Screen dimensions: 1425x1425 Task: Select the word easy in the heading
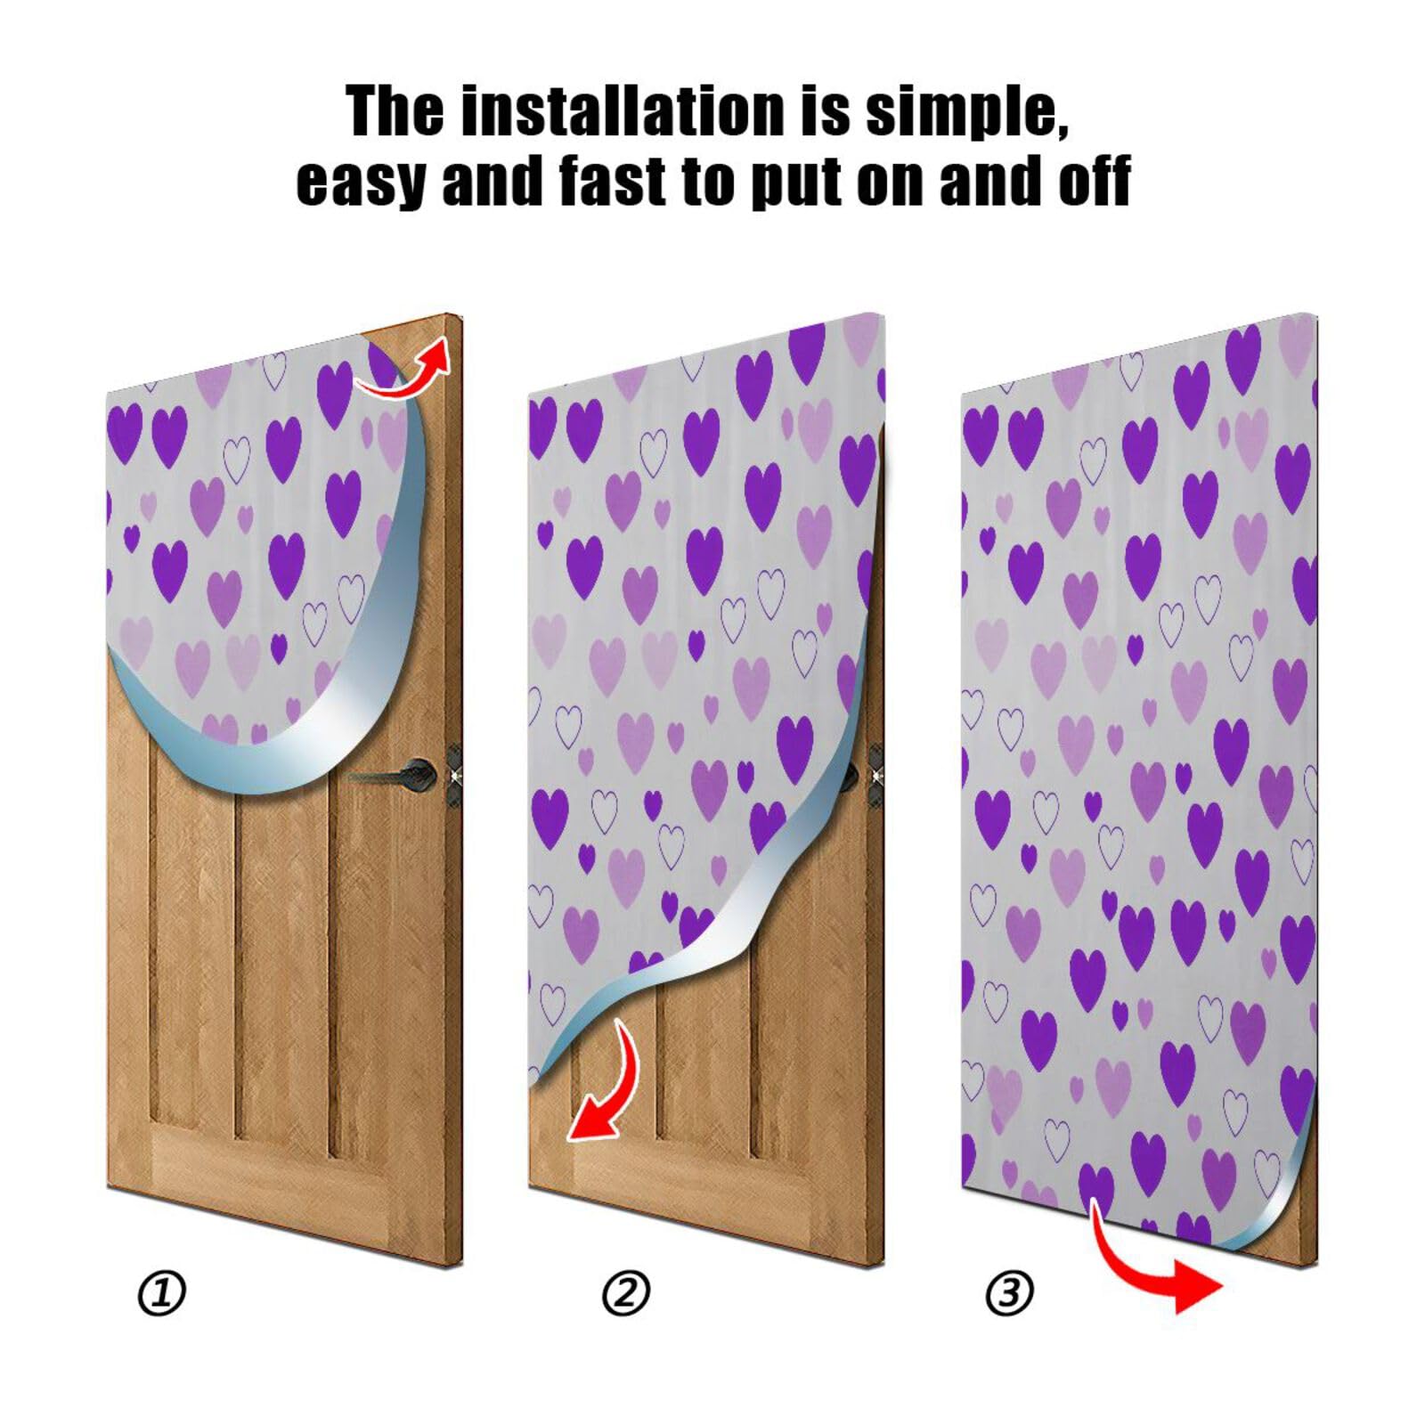click(360, 183)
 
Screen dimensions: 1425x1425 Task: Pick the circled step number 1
click(162, 1293)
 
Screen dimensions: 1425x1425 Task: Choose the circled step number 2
click(625, 1293)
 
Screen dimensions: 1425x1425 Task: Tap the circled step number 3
click(1009, 1292)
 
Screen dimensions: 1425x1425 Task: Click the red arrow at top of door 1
click(405, 372)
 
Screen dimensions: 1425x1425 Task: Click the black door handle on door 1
click(405, 773)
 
